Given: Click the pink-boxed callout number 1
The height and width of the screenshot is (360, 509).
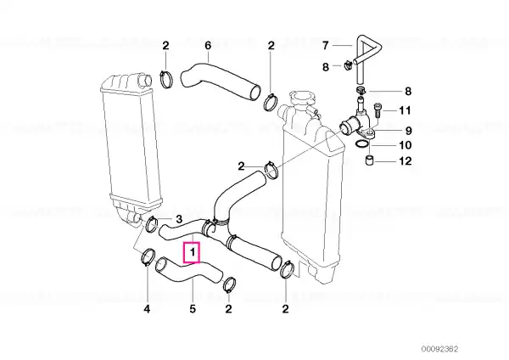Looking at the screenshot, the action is point(193,252).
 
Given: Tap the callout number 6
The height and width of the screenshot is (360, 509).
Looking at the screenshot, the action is point(208,46).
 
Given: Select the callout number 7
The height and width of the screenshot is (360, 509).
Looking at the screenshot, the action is point(326,46).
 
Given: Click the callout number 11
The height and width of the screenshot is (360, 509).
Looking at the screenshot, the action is point(405,110).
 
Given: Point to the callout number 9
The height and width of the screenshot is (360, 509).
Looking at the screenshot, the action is point(408,131).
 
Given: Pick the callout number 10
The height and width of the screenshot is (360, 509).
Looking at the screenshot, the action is point(406,145).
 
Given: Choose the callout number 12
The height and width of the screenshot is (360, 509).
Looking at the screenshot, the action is point(406,160).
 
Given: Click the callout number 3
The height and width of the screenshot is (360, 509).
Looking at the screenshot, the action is point(179,219).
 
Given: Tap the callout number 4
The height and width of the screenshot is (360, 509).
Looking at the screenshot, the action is point(147,309).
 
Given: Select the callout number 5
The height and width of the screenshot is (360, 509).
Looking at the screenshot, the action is point(193,309).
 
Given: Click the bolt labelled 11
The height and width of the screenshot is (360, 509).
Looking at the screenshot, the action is point(378,110).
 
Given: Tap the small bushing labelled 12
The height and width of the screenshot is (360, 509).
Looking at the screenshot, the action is point(369,160).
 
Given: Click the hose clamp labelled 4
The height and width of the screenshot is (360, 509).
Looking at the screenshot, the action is point(147,256).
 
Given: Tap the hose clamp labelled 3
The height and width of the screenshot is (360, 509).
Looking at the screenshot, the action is point(152,225).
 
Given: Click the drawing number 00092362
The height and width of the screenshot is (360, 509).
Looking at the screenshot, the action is point(439,349).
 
